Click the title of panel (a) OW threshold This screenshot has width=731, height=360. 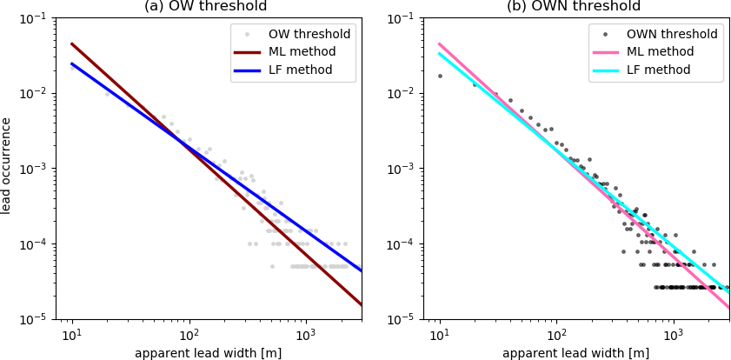(205, 7)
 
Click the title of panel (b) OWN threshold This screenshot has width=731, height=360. (574, 7)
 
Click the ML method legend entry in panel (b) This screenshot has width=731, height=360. (661, 52)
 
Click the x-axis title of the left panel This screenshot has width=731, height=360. (208, 353)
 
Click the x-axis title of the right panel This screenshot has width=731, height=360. (575, 353)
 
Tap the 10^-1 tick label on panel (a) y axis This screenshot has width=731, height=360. (37, 18)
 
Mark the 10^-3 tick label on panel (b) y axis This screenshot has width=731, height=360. (405, 169)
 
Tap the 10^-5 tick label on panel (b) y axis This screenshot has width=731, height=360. (405, 319)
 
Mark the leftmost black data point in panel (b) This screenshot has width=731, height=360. (440, 76)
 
